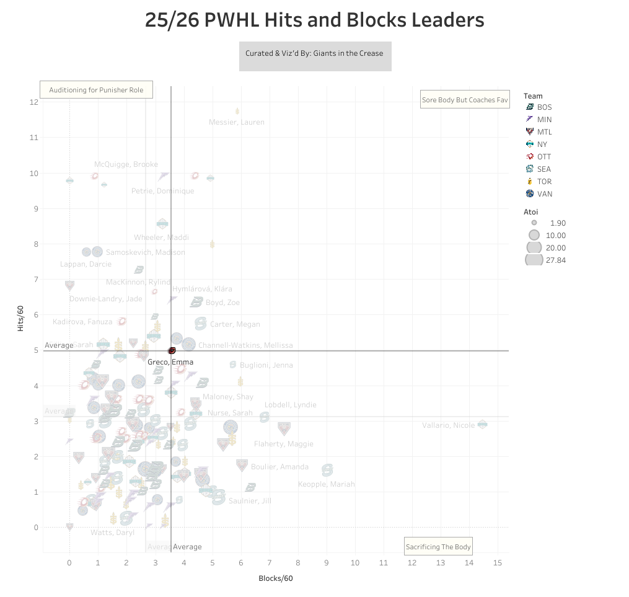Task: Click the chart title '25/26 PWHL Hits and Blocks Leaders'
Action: click(314, 20)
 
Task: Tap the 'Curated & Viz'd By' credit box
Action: click(315, 54)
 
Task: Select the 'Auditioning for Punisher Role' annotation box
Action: click(96, 90)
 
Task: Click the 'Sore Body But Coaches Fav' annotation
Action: click(464, 99)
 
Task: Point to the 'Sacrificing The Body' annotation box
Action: click(438, 546)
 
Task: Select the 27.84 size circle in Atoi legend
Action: click(534, 260)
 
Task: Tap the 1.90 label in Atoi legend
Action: click(556, 223)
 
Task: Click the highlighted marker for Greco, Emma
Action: click(172, 351)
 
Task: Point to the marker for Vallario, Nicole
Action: click(482, 424)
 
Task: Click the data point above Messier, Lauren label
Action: click(237, 112)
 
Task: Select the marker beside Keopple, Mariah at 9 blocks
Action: click(327, 470)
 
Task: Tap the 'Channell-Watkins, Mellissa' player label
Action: click(245, 345)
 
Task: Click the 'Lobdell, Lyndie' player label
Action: click(290, 405)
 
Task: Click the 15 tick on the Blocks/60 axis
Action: click(497, 563)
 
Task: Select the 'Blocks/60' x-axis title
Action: click(275, 578)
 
